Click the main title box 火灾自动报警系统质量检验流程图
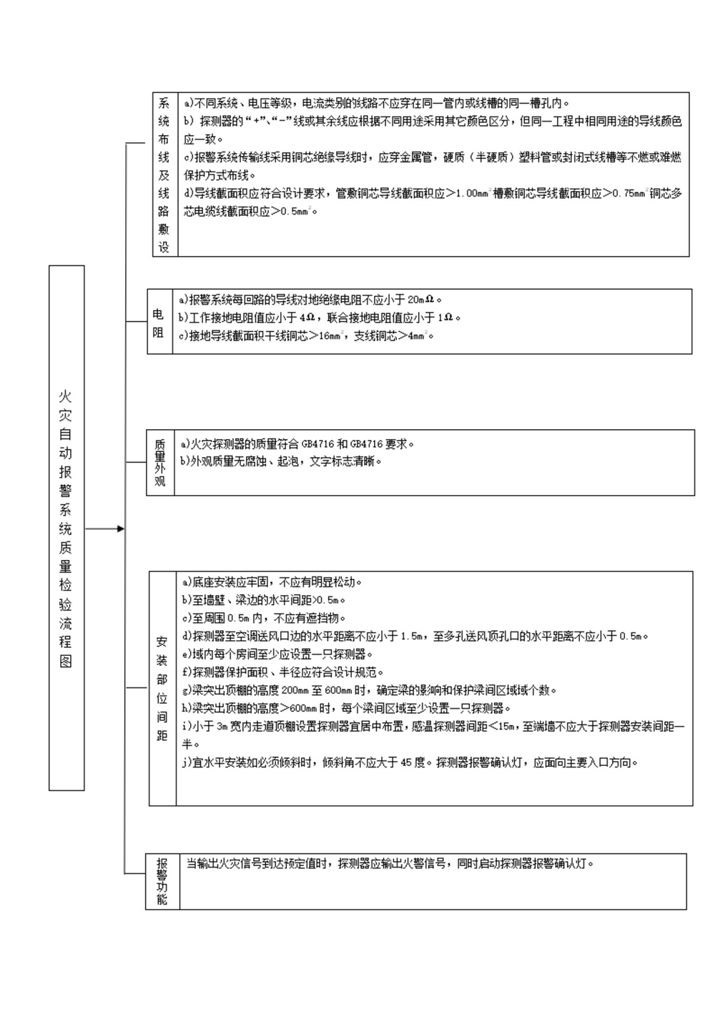click(66, 528)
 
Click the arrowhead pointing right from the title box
click(121, 529)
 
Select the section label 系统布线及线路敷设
click(164, 175)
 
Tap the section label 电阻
click(159, 323)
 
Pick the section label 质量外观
click(159, 463)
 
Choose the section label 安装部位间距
click(162, 688)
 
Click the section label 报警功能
click(162, 881)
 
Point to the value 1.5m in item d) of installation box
click(412, 636)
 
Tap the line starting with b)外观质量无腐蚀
click(281, 462)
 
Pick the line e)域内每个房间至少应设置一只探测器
click(277, 654)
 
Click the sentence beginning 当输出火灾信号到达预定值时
click(390, 863)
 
